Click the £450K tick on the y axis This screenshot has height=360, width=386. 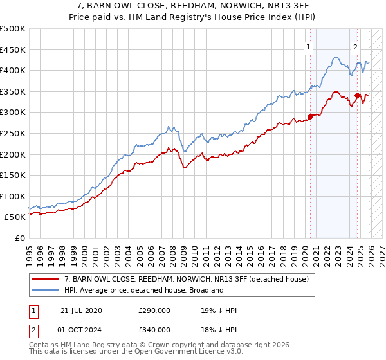(13, 50)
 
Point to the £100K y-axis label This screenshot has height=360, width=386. (13, 196)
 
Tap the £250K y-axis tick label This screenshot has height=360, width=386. (13, 133)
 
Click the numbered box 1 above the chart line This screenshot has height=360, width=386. (309, 46)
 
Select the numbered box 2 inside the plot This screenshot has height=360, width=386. (355, 46)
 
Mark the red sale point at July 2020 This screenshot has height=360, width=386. (310, 116)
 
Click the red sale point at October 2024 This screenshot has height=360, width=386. (357, 96)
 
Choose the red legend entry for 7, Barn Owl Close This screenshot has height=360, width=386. (187, 279)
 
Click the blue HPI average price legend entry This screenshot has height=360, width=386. (143, 290)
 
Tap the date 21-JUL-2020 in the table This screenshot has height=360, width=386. (82, 310)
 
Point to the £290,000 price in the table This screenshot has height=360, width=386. (154, 310)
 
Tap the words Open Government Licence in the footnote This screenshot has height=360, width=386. (149, 352)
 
